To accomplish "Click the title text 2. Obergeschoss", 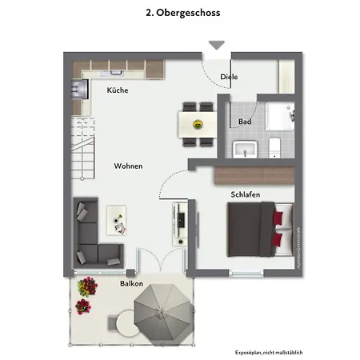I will pyautogui.click(x=182, y=14).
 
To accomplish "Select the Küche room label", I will pyautogui.click(x=118, y=90).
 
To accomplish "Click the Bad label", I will pyautogui.click(x=245, y=122).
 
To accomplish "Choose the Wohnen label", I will pyautogui.click(x=128, y=166).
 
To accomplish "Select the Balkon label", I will pyautogui.click(x=131, y=284).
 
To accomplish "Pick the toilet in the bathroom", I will pyautogui.click(x=274, y=146).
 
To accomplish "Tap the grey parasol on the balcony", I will pyautogui.click(x=162, y=308).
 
